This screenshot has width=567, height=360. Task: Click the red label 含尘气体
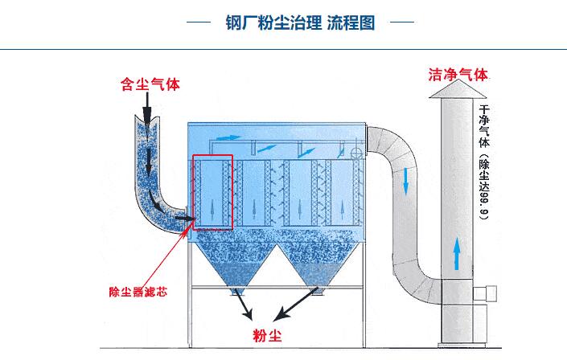[x=149, y=84]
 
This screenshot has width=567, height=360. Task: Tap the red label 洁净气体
[x=458, y=76]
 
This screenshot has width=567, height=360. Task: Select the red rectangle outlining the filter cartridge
[x=212, y=191]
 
